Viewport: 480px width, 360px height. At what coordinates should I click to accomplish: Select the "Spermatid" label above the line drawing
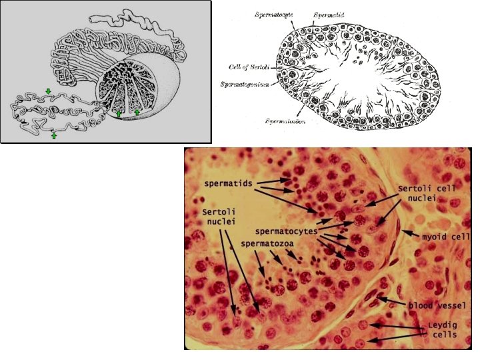[329, 13]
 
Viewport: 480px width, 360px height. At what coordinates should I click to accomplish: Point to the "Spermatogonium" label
[245, 84]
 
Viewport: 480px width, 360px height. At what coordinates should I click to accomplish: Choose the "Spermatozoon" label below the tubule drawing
[286, 121]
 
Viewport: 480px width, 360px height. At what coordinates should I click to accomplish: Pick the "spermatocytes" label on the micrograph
[286, 231]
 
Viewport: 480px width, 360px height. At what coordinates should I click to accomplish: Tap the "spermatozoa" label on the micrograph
[265, 245]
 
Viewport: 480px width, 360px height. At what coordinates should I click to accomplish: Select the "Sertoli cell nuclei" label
[427, 193]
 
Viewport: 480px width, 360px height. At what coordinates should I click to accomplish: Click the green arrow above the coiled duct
[48, 91]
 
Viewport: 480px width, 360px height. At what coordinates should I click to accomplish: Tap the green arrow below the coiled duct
[54, 135]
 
